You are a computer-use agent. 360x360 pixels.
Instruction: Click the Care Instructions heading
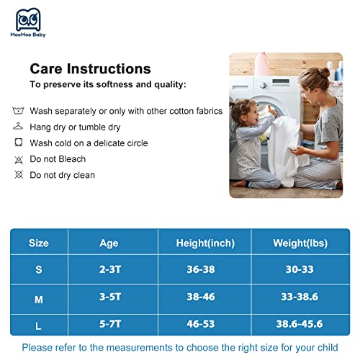(x=90, y=69)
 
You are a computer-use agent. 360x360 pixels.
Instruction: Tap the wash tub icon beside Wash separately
(x=18, y=112)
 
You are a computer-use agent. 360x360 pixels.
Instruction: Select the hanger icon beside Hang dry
(x=18, y=127)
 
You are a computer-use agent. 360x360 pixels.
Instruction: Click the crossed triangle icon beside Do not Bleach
(x=18, y=159)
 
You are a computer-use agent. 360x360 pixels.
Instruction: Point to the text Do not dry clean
(x=63, y=175)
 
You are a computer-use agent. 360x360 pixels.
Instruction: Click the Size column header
(x=38, y=243)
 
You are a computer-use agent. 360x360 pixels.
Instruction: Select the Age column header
(x=110, y=243)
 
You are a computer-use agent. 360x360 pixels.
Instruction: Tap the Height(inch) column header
(x=204, y=243)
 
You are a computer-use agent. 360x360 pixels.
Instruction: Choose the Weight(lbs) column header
(x=300, y=243)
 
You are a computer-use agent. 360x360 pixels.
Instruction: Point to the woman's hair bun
(x=325, y=72)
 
